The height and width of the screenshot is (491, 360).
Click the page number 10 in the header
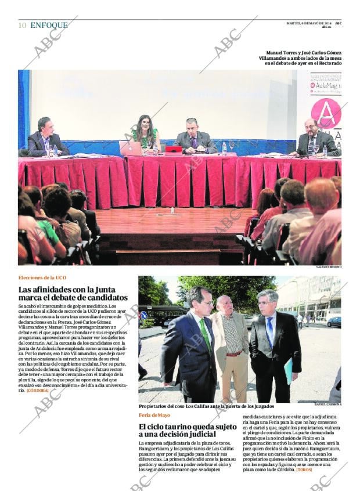coord(22,25)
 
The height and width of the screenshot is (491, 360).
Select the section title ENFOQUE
coord(49,25)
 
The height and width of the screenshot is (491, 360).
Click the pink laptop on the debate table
coord(130,148)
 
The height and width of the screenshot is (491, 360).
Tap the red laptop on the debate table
coord(174,149)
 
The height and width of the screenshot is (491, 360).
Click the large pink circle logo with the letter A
coord(326,113)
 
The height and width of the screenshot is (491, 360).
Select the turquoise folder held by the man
coord(289,370)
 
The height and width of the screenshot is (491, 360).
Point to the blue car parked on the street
coord(334,322)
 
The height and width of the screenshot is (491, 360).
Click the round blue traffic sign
coord(144,315)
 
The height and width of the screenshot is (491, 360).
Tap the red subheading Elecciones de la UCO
coord(42,278)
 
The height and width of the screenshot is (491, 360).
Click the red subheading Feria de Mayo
coord(154,415)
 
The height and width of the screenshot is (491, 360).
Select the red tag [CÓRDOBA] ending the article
coord(37,391)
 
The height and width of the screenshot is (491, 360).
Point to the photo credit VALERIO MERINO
coord(329,267)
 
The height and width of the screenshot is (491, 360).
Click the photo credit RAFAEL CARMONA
coord(327,404)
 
